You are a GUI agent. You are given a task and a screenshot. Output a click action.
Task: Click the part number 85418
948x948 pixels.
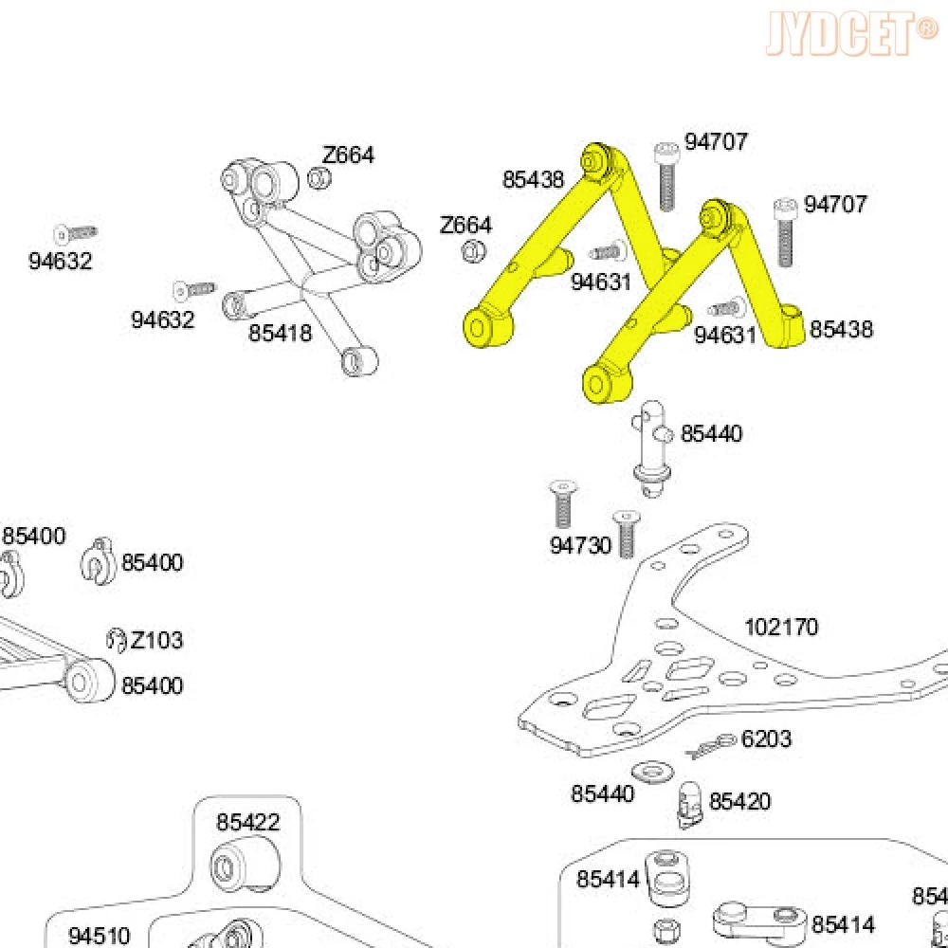click(x=280, y=334)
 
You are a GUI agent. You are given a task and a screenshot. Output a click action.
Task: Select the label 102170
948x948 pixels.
click(x=781, y=627)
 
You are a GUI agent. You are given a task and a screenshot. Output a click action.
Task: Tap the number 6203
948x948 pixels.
click(x=766, y=738)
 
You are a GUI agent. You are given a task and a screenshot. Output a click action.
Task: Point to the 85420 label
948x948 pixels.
click(x=739, y=802)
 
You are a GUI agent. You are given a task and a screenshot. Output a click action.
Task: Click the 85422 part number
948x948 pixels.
click(x=248, y=822)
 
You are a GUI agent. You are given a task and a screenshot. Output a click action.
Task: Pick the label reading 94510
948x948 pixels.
click(x=100, y=936)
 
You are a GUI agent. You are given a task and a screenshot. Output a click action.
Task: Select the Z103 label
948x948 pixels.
click(x=157, y=640)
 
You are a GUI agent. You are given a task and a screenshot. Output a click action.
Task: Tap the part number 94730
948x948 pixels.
click(x=581, y=546)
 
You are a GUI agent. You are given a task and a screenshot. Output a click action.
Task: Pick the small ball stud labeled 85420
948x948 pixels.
click(x=689, y=802)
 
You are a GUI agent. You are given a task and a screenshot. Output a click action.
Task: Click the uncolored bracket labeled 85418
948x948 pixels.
click(x=313, y=256)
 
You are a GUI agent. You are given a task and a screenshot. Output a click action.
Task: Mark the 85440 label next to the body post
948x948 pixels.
click(x=712, y=434)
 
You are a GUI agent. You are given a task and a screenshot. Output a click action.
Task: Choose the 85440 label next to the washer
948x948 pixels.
click(x=602, y=794)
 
